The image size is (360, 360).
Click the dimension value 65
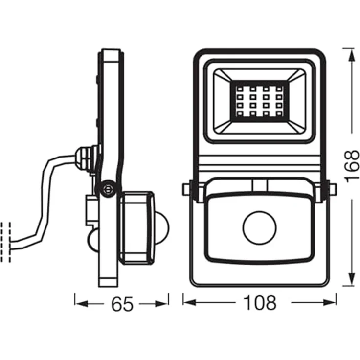122,304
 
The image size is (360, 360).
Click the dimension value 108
260,303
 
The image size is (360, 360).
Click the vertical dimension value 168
351,166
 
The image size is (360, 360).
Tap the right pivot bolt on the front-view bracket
332,189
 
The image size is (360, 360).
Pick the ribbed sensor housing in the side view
137,228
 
